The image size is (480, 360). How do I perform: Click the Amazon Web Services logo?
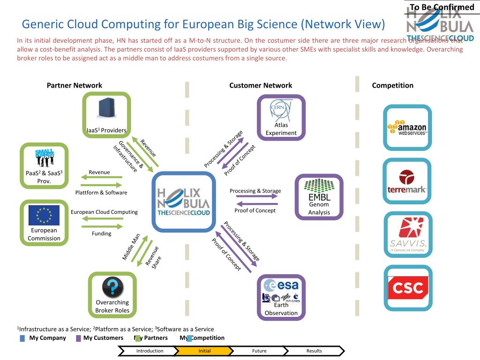tap(407, 127)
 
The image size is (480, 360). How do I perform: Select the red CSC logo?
tap(408, 287)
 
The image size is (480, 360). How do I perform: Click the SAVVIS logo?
tap(408, 235)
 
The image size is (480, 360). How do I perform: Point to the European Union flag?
tap(44, 215)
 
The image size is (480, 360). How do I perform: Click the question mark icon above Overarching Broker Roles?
tap(112, 286)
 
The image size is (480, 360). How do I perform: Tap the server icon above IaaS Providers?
tap(107, 108)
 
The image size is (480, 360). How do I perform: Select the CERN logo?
tap(277, 110)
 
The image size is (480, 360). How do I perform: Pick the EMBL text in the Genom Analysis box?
tap(319, 197)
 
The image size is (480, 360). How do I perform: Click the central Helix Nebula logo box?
tap(184, 202)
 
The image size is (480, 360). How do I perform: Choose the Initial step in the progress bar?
tap(204, 351)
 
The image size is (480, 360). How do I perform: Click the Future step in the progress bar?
tap(259, 351)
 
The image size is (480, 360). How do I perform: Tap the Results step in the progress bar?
tap(314, 351)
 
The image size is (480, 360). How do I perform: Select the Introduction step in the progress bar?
tap(150, 351)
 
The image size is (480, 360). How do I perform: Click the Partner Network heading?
tap(75, 85)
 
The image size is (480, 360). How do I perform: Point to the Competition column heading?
tap(393, 85)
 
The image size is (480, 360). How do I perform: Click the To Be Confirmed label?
tap(442, 7)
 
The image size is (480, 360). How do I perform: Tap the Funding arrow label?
tap(101, 233)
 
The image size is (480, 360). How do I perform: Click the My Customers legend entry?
tap(103, 338)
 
